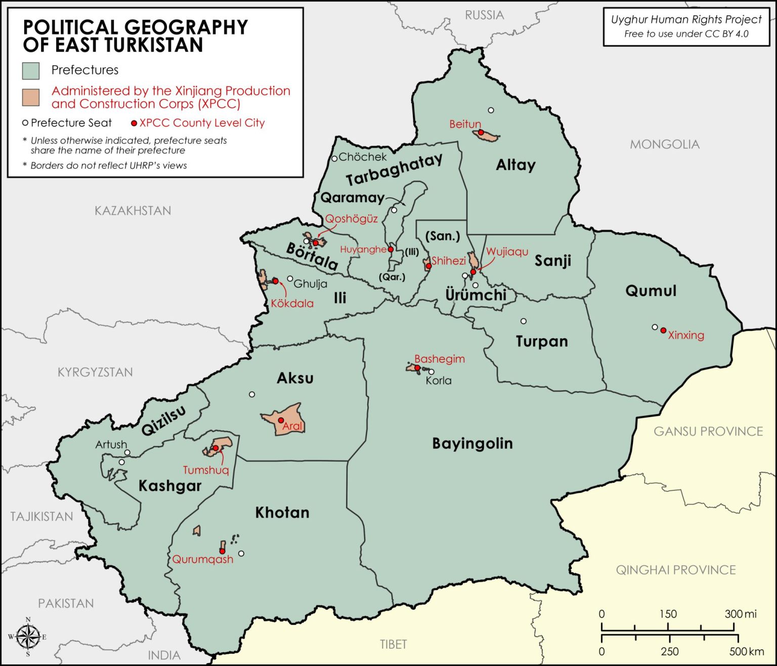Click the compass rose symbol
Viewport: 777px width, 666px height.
tap(29, 636)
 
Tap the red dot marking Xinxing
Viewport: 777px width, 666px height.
tap(663, 330)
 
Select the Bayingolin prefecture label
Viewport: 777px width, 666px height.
tap(472, 443)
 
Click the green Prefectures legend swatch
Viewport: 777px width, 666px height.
tap(31, 71)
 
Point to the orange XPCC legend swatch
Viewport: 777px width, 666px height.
tap(31, 97)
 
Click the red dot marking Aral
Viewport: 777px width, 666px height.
tap(281, 420)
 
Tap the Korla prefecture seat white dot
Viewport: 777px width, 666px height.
tap(431, 371)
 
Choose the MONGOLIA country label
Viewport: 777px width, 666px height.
tap(664, 145)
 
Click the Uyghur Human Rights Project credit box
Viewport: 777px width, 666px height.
tap(686, 27)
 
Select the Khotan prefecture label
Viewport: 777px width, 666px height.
tap(282, 513)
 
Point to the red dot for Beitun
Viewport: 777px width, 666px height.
tap(481, 132)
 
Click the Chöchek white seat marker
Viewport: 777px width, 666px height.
tap(334, 158)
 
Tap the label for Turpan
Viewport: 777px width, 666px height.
tap(541, 342)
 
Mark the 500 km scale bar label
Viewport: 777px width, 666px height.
tap(746, 651)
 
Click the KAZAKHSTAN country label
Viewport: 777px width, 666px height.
tap(133, 211)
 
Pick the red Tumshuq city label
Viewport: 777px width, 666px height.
tap(206, 470)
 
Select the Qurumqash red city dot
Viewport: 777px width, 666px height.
tap(222, 551)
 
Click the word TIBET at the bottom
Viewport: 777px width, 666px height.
tap(393, 644)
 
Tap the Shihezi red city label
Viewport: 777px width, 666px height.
tap(449, 261)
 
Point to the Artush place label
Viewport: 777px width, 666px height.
tap(111, 444)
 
